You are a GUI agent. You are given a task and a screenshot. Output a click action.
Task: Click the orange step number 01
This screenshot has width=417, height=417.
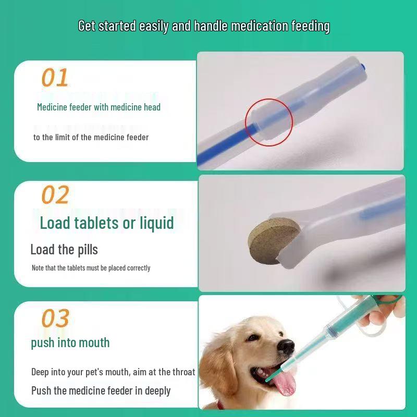(55, 78)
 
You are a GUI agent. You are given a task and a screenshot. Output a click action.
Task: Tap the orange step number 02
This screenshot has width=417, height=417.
(55, 195)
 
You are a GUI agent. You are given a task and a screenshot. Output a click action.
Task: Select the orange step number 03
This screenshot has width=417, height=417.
(55, 317)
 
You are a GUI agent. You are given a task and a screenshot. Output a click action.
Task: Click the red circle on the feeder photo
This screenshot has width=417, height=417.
(269, 121)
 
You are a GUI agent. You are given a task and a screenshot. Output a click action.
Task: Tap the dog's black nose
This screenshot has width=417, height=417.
(286, 346)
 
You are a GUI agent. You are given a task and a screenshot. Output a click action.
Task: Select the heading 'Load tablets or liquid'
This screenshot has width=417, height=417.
(107, 223)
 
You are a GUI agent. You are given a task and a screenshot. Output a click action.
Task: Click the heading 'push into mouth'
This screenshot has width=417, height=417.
(70, 342)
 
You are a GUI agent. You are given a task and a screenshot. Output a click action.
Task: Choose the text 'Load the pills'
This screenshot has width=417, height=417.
(64, 250)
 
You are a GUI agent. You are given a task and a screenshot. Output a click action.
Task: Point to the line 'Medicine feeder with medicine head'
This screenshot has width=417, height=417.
(99, 107)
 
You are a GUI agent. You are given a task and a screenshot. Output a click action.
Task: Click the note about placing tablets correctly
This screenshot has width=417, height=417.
(91, 268)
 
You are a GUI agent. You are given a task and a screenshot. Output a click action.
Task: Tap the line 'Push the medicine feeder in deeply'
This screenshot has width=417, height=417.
(101, 390)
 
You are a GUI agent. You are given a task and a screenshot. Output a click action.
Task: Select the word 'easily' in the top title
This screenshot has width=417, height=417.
(154, 26)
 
